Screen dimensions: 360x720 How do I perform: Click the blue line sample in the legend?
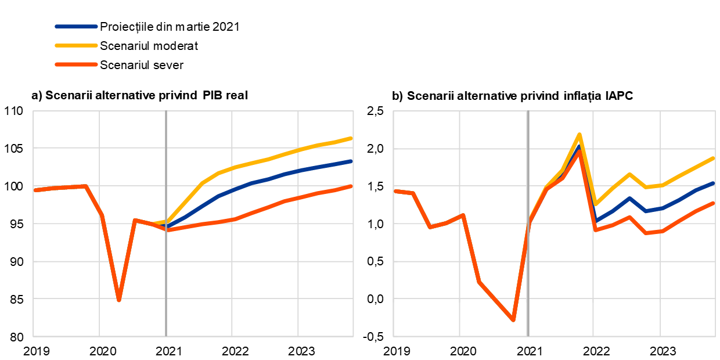(x=76, y=27)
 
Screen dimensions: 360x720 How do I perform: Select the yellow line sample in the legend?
(x=76, y=45)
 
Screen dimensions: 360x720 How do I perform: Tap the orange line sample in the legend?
(x=76, y=64)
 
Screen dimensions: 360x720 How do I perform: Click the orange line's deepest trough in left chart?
(x=118, y=300)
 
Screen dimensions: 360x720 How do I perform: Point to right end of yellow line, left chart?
(x=352, y=138)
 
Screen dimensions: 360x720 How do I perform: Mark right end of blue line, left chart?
(x=352, y=161)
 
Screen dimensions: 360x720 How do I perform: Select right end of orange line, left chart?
(x=352, y=186)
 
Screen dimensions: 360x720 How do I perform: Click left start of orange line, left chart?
(x=35, y=190)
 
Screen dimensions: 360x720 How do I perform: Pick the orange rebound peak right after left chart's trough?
(x=135, y=220)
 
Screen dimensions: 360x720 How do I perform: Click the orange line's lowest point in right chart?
(x=513, y=320)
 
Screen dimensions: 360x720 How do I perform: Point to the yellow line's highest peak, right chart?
(x=579, y=135)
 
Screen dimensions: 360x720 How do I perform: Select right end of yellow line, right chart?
(x=714, y=158)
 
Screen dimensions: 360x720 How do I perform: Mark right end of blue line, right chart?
(x=714, y=183)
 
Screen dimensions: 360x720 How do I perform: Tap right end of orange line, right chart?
(x=714, y=203)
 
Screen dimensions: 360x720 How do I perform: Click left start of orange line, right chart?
(x=395, y=190)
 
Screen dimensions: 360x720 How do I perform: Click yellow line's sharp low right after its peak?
(x=596, y=204)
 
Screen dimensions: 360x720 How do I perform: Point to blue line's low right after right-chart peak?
(x=596, y=221)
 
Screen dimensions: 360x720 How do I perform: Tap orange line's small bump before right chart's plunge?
(x=463, y=215)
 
